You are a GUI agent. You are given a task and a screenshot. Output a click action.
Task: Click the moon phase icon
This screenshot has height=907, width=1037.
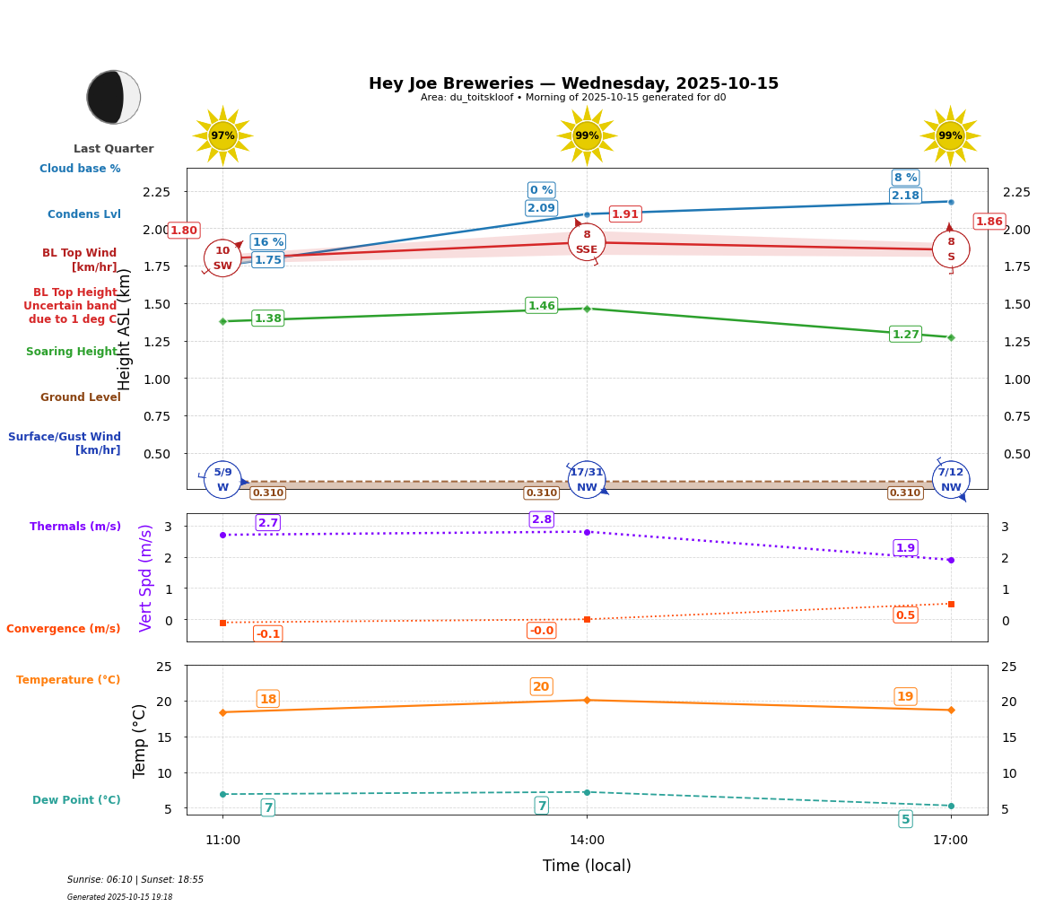click(113, 97)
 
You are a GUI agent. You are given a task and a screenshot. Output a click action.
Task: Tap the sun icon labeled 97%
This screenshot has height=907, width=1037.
click(222, 135)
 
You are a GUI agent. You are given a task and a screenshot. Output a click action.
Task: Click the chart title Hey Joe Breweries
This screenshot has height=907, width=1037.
click(573, 83)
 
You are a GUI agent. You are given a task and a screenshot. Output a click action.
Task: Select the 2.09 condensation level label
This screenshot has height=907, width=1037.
click(541, 208)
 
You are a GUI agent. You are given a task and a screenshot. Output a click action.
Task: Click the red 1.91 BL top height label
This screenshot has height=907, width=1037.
click(624, 214)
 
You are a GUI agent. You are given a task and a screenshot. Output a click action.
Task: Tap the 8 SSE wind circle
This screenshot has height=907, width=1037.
click(587, 242)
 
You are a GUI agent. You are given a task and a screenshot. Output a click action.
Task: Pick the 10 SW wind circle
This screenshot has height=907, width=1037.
click(222, 258)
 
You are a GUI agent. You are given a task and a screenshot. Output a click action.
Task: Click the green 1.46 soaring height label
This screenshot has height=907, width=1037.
click(541, 306)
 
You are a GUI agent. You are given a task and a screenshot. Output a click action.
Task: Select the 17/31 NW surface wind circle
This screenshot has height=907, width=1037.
click(587, 480)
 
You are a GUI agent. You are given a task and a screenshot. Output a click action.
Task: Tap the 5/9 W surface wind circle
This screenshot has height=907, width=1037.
click(222, 480)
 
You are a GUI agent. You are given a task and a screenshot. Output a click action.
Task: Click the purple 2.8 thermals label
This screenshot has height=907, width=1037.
click(542, 519)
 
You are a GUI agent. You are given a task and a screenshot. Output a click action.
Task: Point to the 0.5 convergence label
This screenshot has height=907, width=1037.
click(905, 615)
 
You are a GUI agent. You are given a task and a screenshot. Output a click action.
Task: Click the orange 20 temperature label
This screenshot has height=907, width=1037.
click(541, 687)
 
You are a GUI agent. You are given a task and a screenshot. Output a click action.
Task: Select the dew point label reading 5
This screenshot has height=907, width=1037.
click(905, 819)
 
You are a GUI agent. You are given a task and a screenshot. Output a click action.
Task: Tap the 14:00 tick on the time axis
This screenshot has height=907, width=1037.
click(587, 841)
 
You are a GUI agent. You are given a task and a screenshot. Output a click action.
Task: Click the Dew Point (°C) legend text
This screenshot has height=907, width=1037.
click(76, 800)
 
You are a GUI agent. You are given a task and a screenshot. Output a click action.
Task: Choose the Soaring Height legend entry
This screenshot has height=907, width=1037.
click(72, 352)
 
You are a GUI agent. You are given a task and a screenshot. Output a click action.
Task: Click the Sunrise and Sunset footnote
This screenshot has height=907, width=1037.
click(135, 880)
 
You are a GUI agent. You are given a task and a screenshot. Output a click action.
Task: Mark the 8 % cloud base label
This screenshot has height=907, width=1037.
click(905, 178)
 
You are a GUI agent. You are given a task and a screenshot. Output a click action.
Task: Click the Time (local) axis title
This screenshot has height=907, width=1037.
click(587, 866)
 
